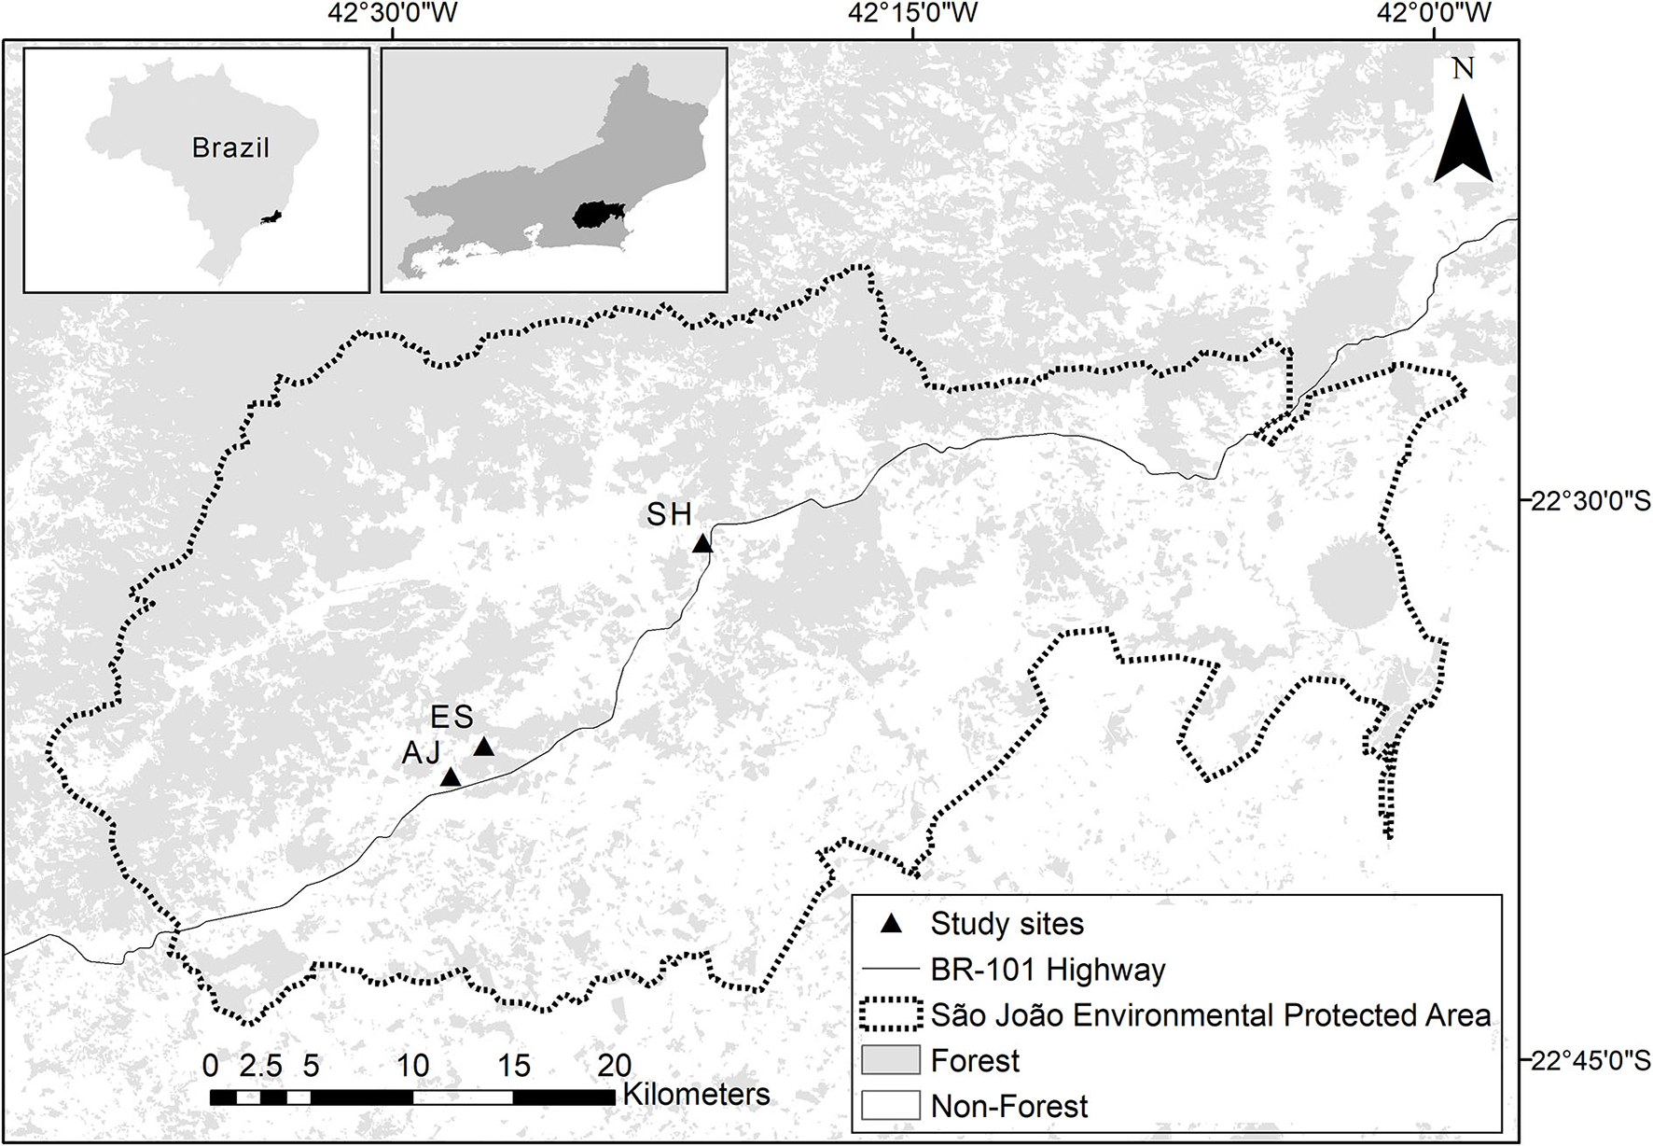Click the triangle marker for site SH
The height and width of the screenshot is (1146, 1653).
point(702,543)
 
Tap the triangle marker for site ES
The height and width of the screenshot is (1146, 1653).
point(483,747)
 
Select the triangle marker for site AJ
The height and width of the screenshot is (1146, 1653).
point(451,776)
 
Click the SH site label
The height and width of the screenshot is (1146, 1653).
point(670,514)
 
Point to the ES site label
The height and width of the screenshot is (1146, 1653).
point(452,717)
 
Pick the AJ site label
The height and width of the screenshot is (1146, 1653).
point(421,752)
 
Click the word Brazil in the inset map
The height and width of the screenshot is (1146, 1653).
point(230,147)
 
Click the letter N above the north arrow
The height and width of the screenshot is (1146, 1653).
point(1463,69)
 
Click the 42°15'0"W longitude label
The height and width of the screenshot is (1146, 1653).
point(912,13)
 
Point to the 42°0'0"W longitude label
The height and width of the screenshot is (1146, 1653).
point(1434,13)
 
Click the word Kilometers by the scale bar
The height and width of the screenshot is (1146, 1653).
point(696,1094)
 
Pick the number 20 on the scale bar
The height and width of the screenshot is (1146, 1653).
point(614,1066)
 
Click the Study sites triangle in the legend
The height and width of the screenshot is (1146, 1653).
point(892,924)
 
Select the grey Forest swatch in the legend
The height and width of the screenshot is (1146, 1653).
point(890,1061)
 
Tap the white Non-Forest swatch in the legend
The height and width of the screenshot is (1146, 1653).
point(890,1106)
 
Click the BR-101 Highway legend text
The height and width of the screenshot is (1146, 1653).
point(1048,970)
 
